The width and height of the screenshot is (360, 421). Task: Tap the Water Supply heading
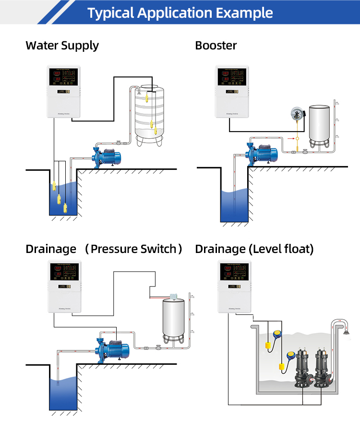pyautogui.click(x=62, y=46)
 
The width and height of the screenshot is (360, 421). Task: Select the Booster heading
pyautogui.click(x=216, y=46)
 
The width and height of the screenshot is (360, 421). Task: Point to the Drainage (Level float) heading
pyautogui.click(x=254, y=249)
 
